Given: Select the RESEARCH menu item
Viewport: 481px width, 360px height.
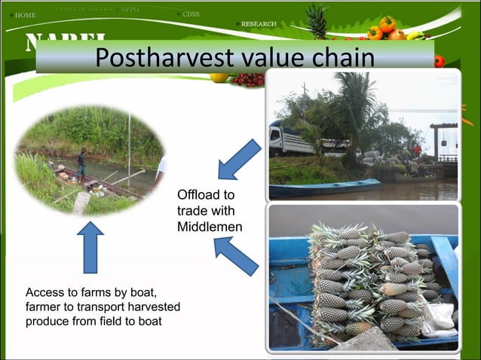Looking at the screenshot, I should coord(259,24).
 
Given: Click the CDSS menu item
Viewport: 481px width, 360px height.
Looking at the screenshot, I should coord(191,14).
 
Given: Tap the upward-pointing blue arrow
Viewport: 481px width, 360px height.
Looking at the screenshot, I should coord(90,246).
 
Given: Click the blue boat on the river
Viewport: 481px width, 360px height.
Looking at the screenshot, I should coord(324,186).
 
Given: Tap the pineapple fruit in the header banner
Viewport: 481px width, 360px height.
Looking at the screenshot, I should coord(317,20).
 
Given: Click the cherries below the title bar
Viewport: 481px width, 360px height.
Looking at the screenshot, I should coord(247,79).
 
